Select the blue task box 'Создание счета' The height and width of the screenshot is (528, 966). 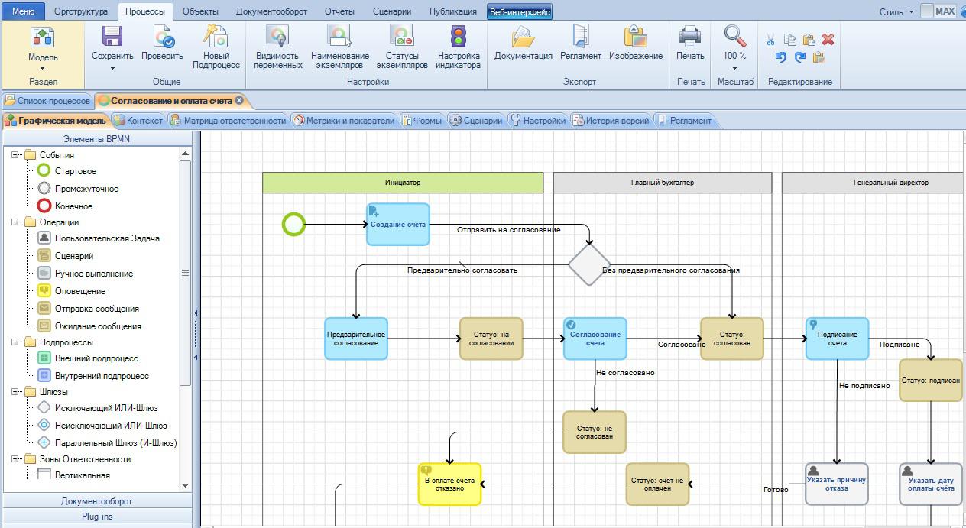coord(398,224)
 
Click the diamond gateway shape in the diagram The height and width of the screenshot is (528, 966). coord(589,264)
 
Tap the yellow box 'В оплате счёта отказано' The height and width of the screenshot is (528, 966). coord(450,484)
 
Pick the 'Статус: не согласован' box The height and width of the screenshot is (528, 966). coord(595,432)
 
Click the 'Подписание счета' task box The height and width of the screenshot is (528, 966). coord(837,339)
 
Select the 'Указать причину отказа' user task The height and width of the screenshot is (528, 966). coord(837,484)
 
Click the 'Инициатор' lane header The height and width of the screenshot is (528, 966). coord(403,183)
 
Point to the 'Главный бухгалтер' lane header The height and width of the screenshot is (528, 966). coord(663,183)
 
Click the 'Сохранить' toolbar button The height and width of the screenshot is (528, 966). coord(112,47)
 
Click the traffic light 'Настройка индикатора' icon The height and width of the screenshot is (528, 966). coord(459,36)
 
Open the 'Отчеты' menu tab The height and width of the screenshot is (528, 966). coord(339,11)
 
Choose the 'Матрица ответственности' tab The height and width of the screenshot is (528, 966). coord(229,121)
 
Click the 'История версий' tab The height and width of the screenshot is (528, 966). coord(611,121)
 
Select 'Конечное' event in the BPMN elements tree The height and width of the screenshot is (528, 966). coord(73,206)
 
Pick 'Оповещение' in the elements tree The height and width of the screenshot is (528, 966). coord(80,291)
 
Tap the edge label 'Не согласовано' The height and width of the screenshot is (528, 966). coord(625,372)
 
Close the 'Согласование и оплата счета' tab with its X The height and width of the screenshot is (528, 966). coord(239,100)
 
